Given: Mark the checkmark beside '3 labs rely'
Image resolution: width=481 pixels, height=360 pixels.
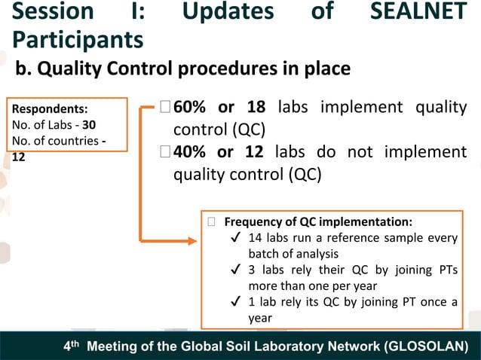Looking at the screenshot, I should (236, 270).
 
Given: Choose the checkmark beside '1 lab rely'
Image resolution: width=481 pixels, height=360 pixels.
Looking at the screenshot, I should (236, 302).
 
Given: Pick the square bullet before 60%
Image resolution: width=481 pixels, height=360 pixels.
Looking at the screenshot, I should (165, 110).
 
